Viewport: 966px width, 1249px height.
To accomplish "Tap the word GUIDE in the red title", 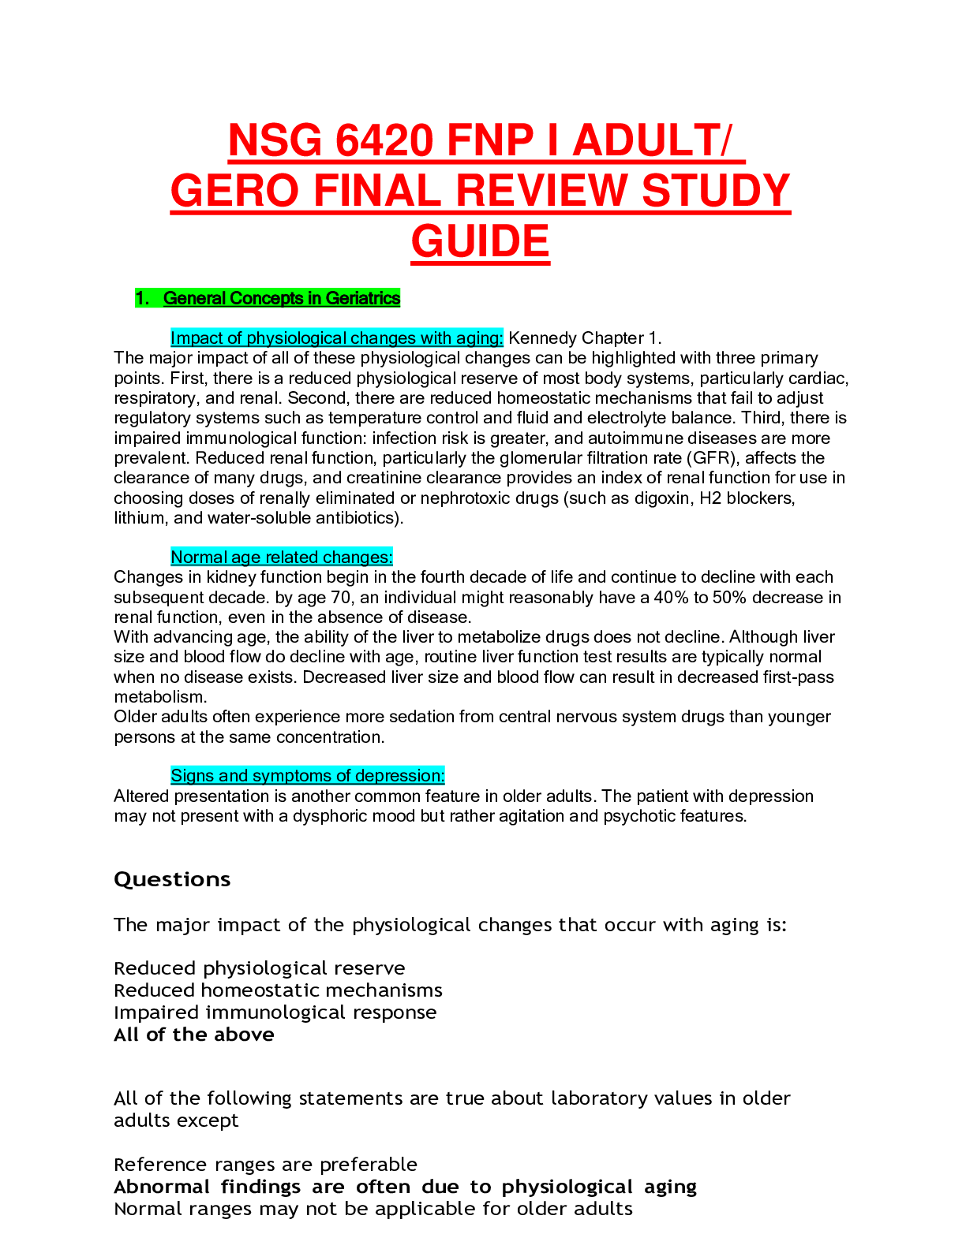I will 480,241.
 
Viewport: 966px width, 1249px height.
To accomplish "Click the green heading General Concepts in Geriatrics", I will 282,298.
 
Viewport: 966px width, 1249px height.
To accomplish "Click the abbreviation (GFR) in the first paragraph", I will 713,458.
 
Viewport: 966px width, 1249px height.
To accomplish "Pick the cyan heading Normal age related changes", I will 281,557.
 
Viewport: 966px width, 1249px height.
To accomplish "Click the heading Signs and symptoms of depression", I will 307,776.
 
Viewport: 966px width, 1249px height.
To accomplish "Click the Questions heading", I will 172,880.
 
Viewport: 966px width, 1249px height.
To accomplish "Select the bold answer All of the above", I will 194,1035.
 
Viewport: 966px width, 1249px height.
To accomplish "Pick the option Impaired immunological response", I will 275,1012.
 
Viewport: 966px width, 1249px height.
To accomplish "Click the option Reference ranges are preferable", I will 265,1165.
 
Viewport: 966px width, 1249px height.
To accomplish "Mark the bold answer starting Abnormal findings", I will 405,1187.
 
